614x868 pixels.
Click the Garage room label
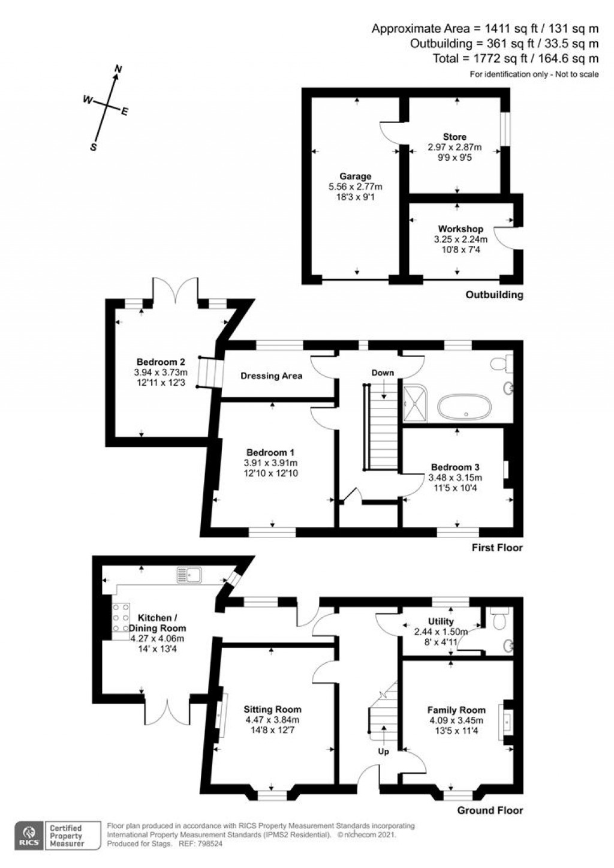pyautogui.click(x=355, y=176)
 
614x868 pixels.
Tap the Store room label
pyautogui.click(x=455, y=137)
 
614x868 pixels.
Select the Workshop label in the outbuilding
pyautogui.click(x=460, y=229)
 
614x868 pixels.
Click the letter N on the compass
pyautogui.click(x=119, y=69)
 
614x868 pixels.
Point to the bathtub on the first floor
pyautogui.click(x=465, y=407)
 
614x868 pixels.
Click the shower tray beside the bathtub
pyautogui.click(x=416, y=404)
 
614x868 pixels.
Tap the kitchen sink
pyautogui.click(x=189, y=574)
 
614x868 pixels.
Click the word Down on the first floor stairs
pyautogui.click(x=383, y=373)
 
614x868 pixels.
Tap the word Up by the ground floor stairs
pyautogui.click(x=384, y=762)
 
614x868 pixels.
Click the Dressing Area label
pyautogui.click(x=271, y=376)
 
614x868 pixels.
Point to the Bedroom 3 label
pyautogui.click(x=456, y=467)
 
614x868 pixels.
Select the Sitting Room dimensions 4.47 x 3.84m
pyautogui.click(x=272, y=720)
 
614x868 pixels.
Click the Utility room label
pyautogui.click(x=441, y=621)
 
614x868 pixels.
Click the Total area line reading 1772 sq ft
pyautogui.click(x=516, y=59)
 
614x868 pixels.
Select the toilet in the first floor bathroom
pyautogui.click(x=501, y=363)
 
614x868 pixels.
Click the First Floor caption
pyautogui.click(x=497, y=548)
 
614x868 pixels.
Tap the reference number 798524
pyautogui.click(x=210, y=843)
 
